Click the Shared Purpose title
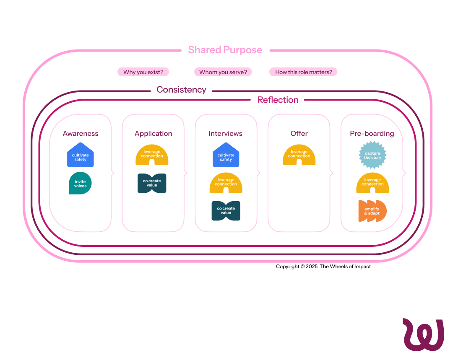point(225,50)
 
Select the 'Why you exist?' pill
point(143,72)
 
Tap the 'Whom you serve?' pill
point(223,72)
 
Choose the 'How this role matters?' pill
point(303,72)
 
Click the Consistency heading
point(181,90)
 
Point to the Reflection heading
point(278,100)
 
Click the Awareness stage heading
point(81,133)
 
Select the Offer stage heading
point(299,133)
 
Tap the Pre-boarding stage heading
point(372,133)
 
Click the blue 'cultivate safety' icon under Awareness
point(81,156)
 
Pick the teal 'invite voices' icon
point(80,184)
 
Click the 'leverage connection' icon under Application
point(152,155)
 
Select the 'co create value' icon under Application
point(152,183)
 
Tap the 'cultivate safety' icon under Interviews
point(226,156)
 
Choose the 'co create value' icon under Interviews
point(226,211)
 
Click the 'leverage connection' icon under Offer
point(299,155)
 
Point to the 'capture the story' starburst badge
point(372,155)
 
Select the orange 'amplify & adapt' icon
point(372,211)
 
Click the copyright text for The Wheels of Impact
point(323,267)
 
